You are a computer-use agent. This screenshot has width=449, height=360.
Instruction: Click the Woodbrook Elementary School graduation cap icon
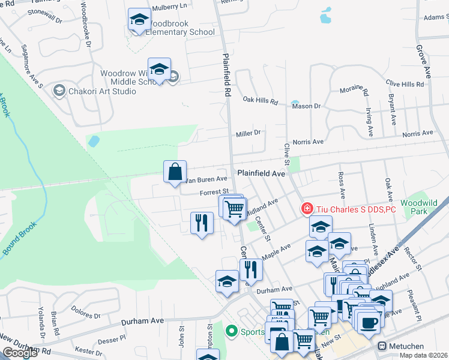pos(139,20)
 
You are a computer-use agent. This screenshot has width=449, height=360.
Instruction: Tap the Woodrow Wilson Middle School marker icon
pos(159,70)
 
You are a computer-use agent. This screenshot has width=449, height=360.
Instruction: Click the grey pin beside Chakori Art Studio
pos(59,91)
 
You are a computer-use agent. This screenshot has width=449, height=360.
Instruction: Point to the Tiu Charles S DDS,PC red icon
pos(307,209)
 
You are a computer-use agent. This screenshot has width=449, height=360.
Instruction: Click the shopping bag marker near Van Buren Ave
pos(174,172)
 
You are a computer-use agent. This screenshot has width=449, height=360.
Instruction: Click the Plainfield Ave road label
pos(261,173)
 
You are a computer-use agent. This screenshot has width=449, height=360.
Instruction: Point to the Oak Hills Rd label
pos(261,101)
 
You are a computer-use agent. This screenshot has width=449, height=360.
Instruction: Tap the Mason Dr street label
pos(306,106)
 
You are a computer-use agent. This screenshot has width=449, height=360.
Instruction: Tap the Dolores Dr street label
pos(85,311)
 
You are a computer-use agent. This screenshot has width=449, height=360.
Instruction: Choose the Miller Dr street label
pos(249,133)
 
